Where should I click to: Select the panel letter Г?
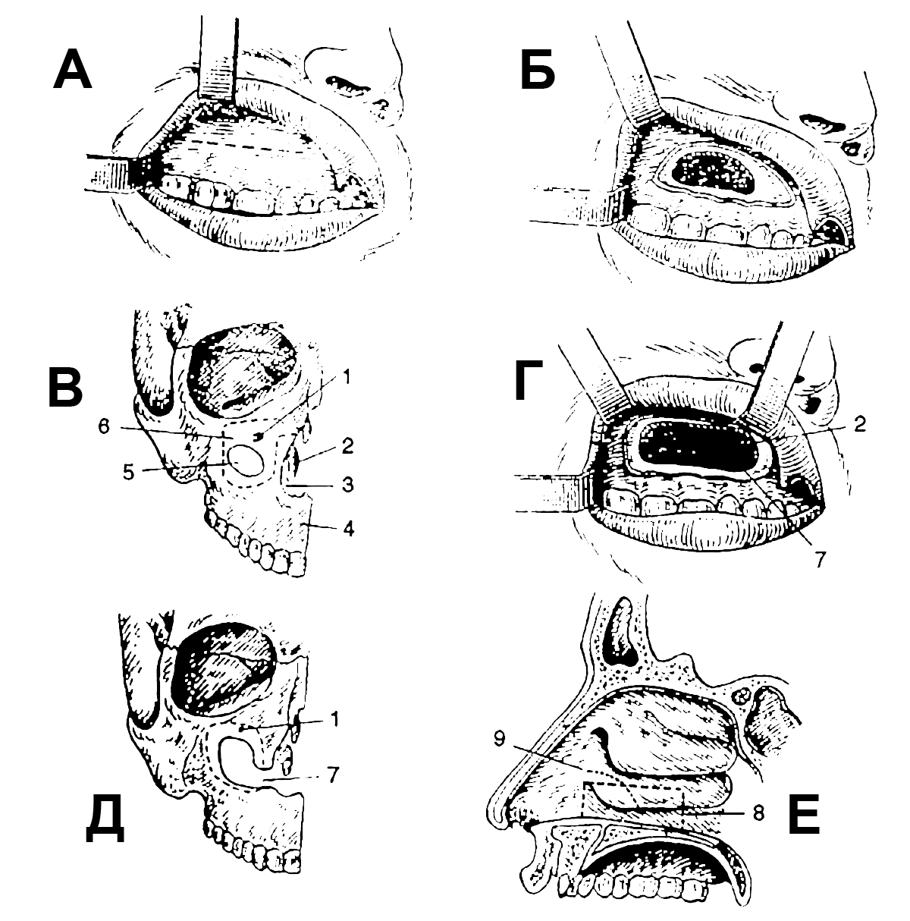tap(529, 379)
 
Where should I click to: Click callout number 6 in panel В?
tap(104, 426)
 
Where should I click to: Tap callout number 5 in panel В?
tap(128, 472)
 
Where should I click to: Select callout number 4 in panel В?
tap(349, 529)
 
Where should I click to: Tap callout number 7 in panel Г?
tap(821, 559)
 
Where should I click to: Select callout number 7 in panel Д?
tap(334, 775)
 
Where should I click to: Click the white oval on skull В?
tap(246, 460)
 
